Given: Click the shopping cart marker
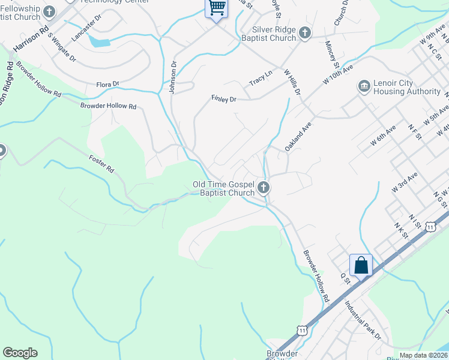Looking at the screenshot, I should [217, 8].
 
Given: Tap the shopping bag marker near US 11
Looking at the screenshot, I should [361, 265].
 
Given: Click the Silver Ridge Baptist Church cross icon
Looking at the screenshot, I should [304, 32].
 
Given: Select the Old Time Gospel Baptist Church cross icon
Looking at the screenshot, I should [263, 188].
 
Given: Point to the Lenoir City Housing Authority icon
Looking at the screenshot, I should [364, 87].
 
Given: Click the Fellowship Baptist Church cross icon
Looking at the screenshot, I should [50, 11].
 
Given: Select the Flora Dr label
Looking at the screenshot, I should [108, 84].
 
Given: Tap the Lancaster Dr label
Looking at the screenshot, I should [86, 28].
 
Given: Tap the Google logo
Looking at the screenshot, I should [20, 353].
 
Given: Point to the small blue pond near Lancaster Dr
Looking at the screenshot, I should [99, 42].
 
